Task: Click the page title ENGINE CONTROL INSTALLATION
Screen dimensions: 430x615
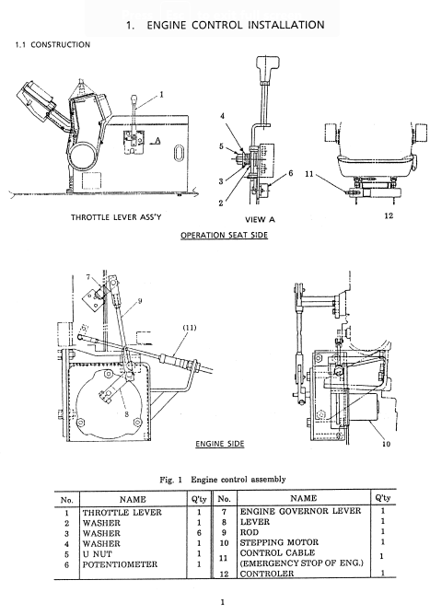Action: [236, 25]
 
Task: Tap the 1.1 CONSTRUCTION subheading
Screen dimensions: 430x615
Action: [52, 45]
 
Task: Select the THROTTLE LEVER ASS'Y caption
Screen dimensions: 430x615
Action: [116, 217]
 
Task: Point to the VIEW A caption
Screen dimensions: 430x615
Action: [261, 220]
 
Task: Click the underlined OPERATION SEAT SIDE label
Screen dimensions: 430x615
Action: [224, 235]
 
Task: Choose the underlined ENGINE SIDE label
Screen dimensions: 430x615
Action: [220, 444]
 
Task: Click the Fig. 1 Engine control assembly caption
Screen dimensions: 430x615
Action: [223, 480]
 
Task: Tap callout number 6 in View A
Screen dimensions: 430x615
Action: [290, 173]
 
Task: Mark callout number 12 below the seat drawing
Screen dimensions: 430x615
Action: [389, 215]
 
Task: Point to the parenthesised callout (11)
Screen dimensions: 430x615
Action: [190, 328]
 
